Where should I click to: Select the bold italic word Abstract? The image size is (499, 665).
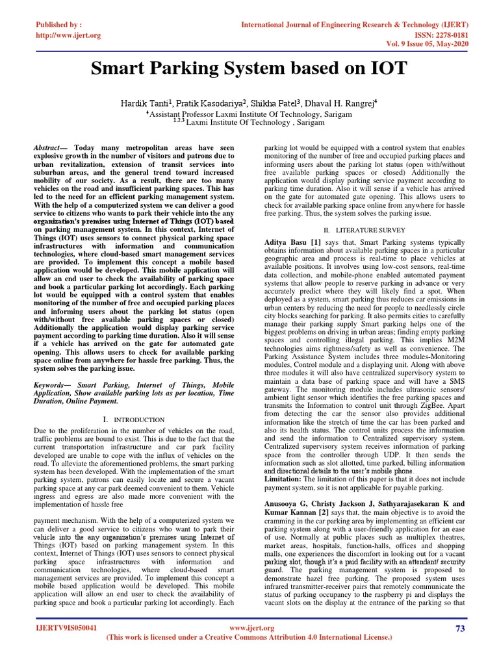coord(49,149)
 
